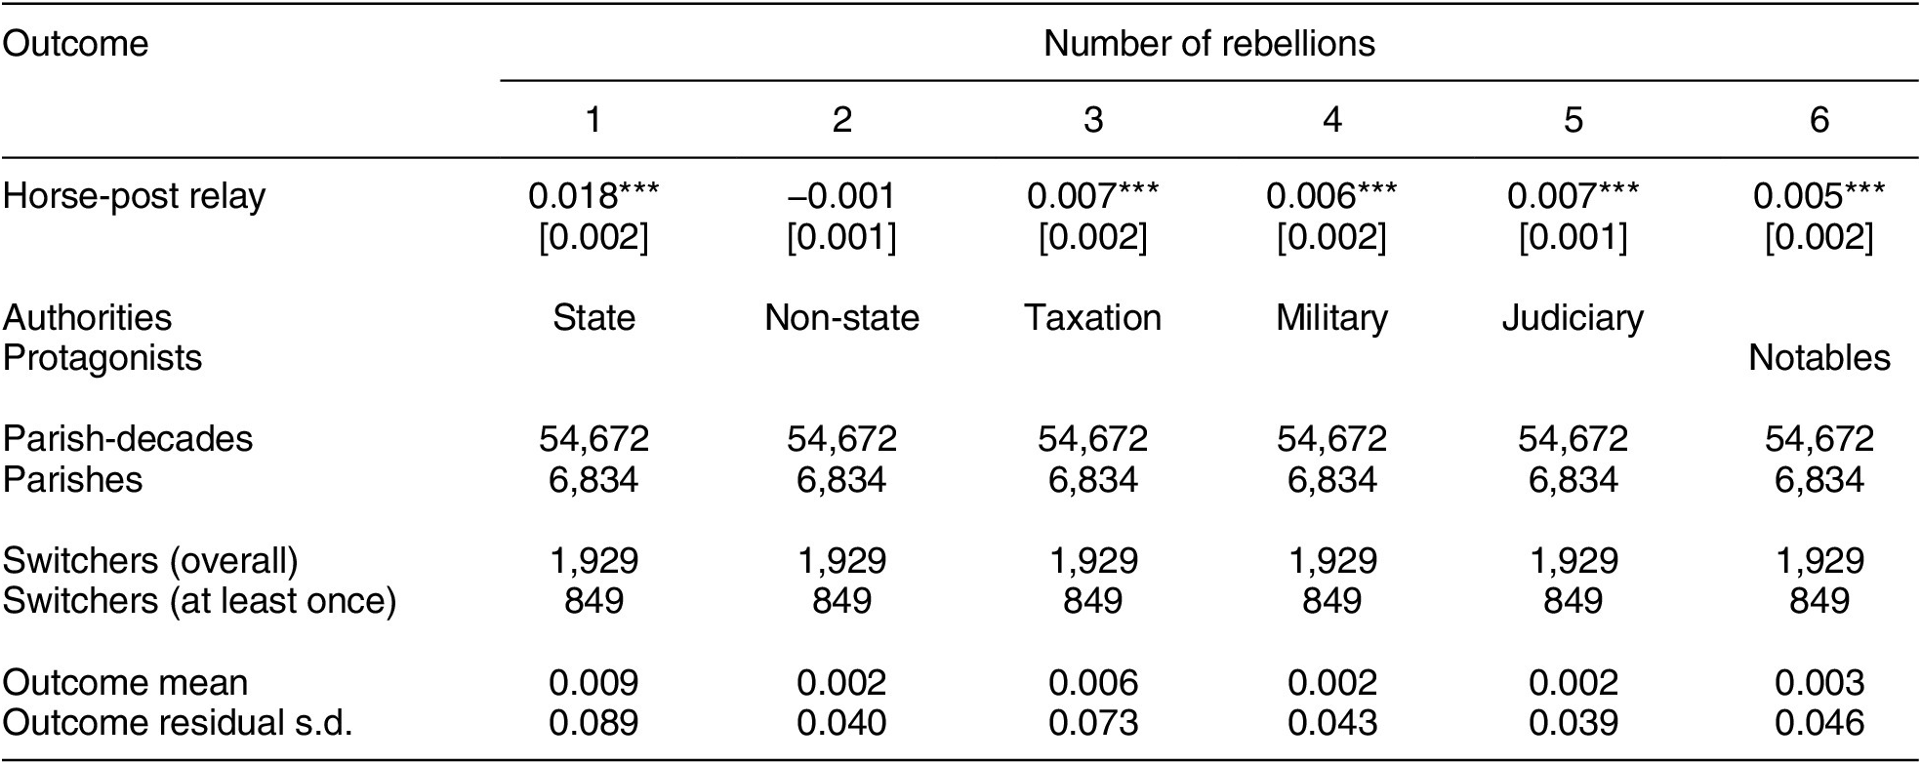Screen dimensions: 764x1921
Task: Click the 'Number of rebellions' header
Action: point(1208,44)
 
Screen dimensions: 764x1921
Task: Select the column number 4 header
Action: point(1331,119)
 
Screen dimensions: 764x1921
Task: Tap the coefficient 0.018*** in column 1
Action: point(593,196)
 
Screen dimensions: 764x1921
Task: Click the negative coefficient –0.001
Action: point(841,196)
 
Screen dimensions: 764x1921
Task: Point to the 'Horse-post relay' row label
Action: point(134,196)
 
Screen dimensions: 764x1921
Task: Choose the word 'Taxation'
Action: point(1092,317)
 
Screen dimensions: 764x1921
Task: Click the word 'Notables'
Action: point(1819,358)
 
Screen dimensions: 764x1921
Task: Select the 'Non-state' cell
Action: point(841,317)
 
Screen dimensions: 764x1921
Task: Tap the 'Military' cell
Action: point(1331,317)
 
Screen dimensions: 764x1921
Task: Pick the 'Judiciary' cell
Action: point(1572,317)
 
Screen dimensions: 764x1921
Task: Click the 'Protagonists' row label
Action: point(102,358)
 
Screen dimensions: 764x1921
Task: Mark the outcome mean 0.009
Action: point(593,682)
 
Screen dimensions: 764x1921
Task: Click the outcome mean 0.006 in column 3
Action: point(1092,682)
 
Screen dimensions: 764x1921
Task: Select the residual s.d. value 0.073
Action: point(1092,723)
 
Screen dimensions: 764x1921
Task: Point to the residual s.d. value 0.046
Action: point(1819,723)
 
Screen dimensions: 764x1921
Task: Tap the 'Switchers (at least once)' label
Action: point(199,601)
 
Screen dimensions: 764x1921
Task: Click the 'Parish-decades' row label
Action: point(128,439)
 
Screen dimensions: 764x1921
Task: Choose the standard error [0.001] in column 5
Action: point(1572,237)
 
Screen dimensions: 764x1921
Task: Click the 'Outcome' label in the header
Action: point(75,44)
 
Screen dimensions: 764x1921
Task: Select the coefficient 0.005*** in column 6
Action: point(1819,196)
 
